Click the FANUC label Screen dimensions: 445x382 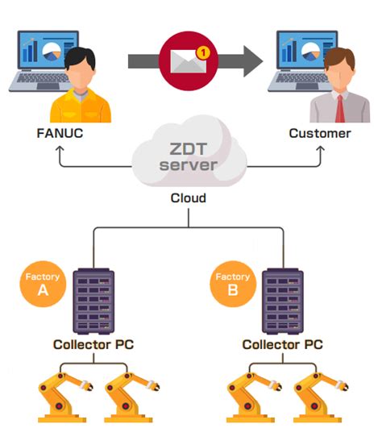click(61, 133)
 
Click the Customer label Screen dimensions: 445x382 click(320, 133)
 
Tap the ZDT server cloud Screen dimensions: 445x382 click(190, 156)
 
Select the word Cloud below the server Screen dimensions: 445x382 click(190, 198)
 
